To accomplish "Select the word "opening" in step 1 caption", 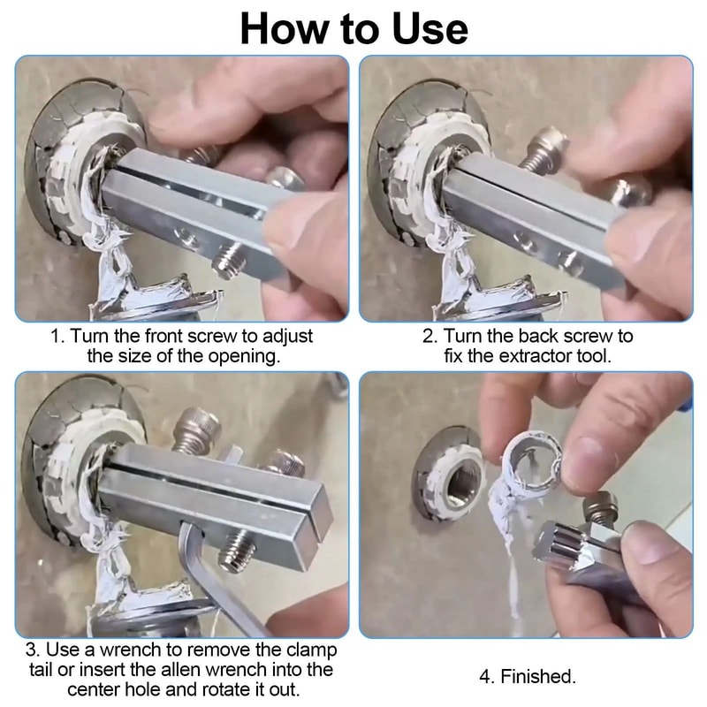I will tap(244, 356).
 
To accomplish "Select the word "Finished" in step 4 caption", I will tap(538, 677).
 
